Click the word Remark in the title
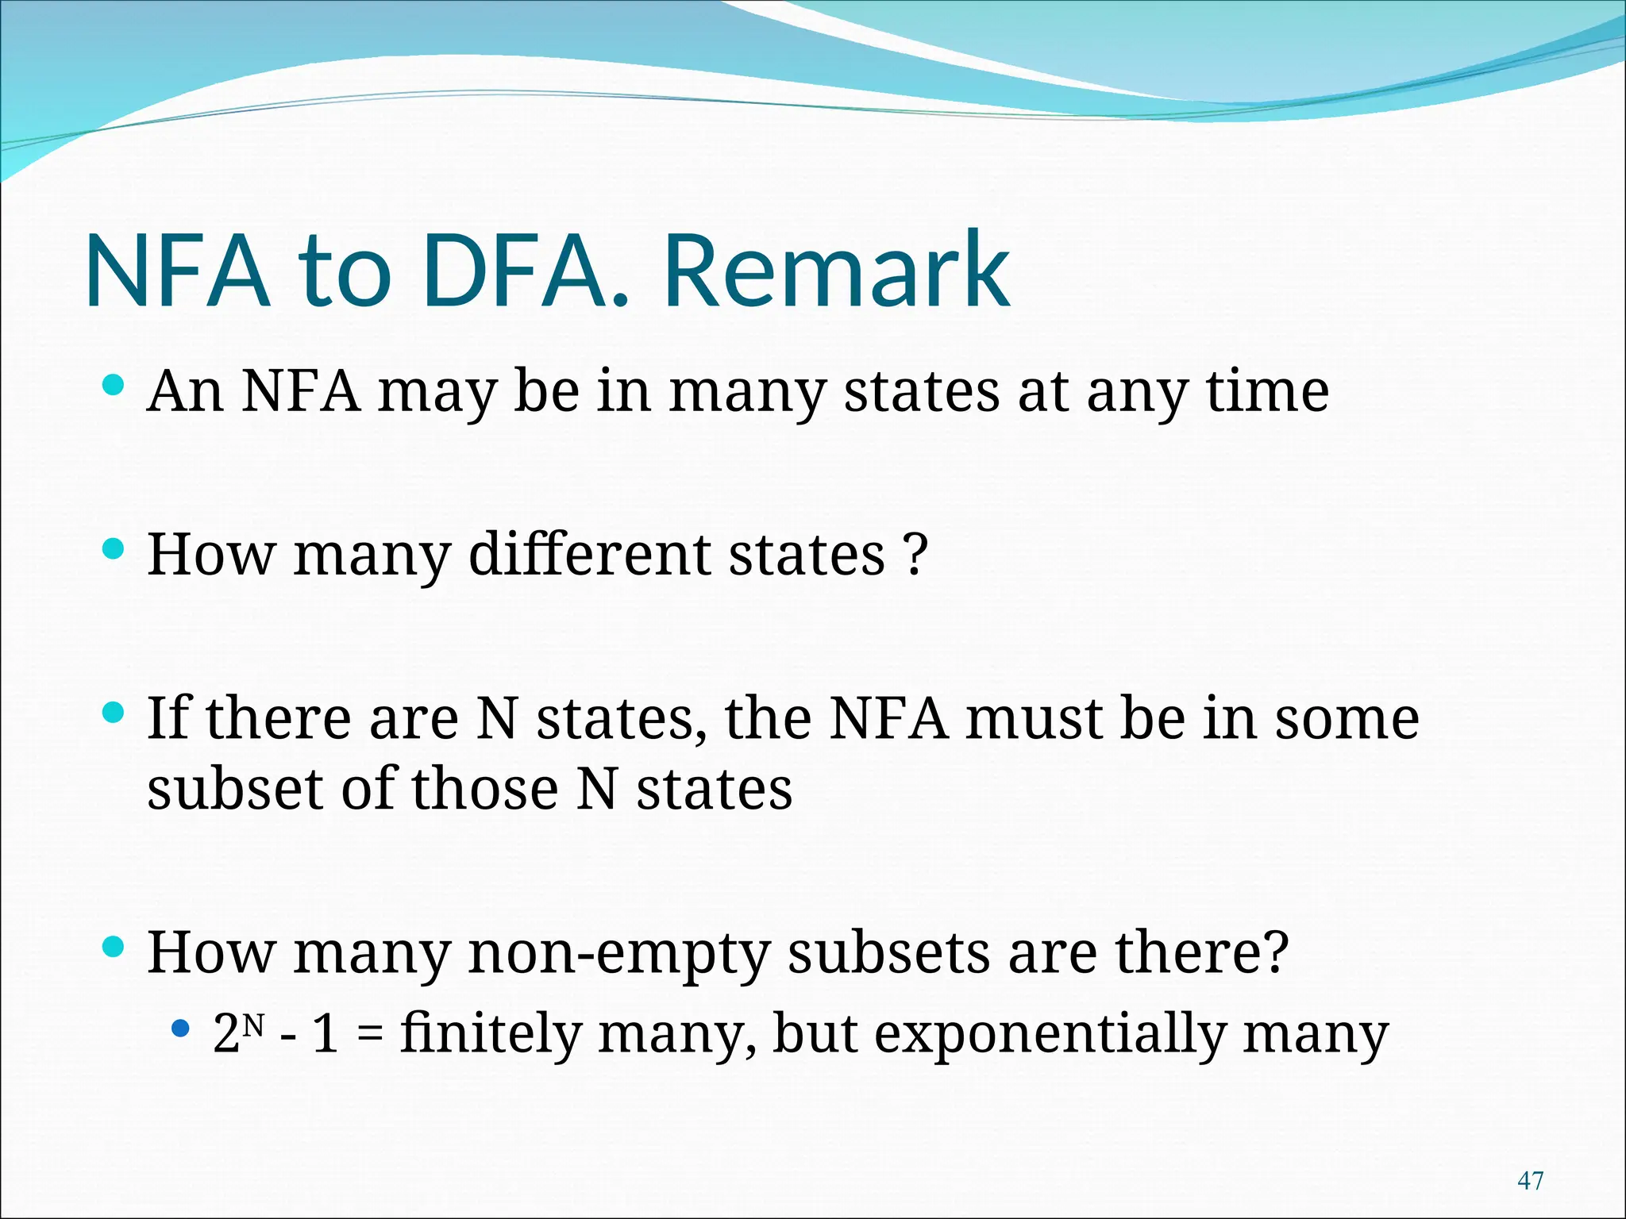tap(837, 271)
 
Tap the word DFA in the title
tap(520, 271)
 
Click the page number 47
tap(1530, 1180)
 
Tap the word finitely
tap(490, 1034)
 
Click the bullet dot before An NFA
tap(114, 386)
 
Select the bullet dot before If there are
tap(114, 713)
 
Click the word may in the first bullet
tap(436, 392)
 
